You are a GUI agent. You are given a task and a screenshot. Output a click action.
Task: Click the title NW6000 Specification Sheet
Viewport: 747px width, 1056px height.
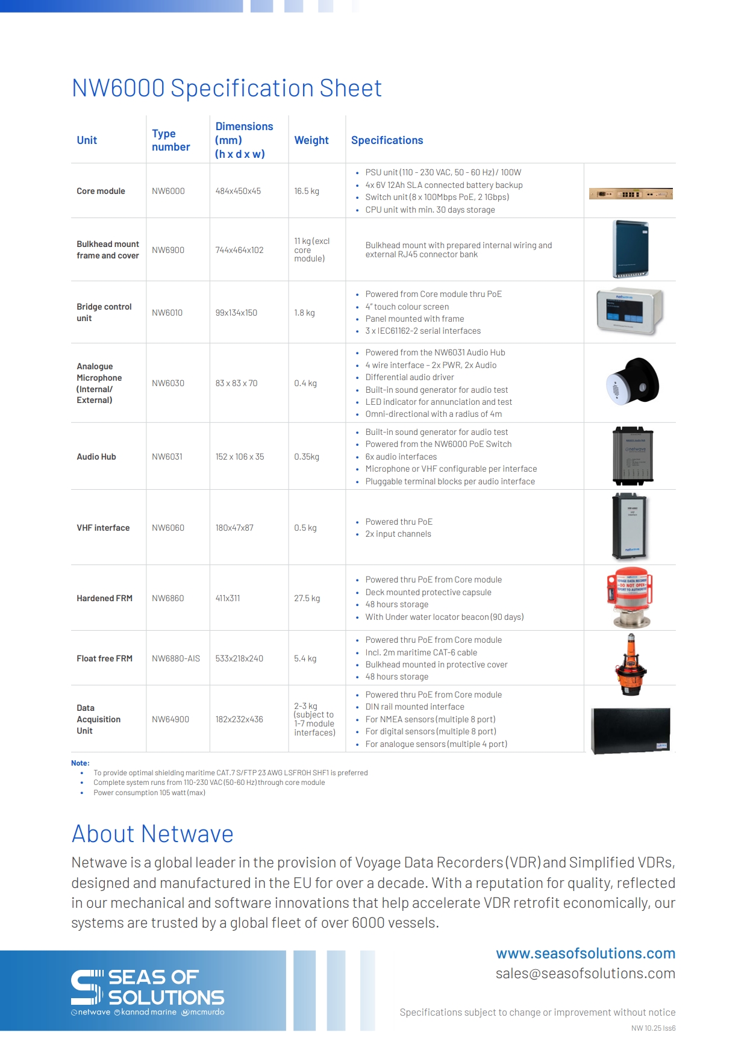(x=227, y=88)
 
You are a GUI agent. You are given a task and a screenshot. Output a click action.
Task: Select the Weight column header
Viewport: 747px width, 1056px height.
(x=311, y=140)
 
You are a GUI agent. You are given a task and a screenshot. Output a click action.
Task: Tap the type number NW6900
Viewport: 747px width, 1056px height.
(x=168, y=250)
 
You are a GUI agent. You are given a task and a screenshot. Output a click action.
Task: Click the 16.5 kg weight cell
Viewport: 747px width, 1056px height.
(x=307, y=191)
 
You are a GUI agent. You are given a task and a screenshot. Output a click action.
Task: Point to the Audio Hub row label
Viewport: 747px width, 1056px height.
(x=96, y=457)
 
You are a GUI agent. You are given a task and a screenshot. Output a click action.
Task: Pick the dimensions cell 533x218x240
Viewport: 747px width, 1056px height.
(x=239, y=658)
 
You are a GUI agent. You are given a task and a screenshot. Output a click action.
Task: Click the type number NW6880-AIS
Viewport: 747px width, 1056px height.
(x=176, y=658)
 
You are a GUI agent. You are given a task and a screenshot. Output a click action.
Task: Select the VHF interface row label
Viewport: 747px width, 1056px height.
(x=103, y=528)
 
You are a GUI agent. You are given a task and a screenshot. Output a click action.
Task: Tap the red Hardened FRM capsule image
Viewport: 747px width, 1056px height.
(x=630, y=598)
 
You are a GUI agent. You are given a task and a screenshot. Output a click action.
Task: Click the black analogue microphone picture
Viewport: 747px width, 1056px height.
(x=633, y=382)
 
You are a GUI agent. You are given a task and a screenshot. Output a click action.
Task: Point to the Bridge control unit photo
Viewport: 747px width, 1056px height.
(x=630, y=311)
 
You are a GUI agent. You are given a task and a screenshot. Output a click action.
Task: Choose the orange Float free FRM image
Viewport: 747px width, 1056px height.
(x=631, y=664)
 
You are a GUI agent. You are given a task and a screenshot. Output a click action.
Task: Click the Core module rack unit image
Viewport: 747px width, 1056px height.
(x=631, y=194)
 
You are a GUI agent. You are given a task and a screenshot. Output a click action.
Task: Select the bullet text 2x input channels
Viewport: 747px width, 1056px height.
(x=398, y=534)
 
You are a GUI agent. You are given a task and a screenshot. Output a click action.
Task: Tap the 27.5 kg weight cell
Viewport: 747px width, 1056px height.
(x=307, y=598)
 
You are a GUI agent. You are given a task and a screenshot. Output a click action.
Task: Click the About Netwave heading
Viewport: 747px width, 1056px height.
(x=152, y=834)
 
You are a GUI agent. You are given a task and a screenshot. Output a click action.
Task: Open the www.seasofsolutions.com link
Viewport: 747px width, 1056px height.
(x=586, y=954)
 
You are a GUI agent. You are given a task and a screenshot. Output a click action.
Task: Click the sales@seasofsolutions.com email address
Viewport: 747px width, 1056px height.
(x=586, y=973)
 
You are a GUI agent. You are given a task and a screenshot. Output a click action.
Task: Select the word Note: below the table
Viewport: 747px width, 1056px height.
(x=80, y=763)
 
